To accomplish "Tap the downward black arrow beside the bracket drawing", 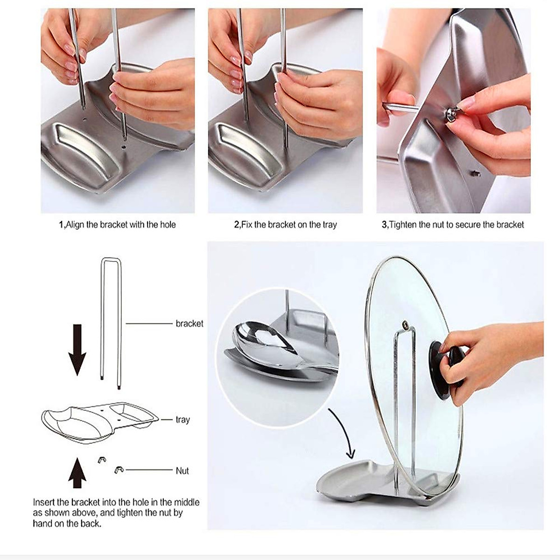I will coord(77,350).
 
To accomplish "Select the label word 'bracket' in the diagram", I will coord(189,323).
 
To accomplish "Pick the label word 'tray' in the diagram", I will coord(182,420).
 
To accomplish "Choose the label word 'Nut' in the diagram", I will coord(182,470).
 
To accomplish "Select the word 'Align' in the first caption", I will coord(76,225).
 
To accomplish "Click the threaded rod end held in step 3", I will coord(397,107).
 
